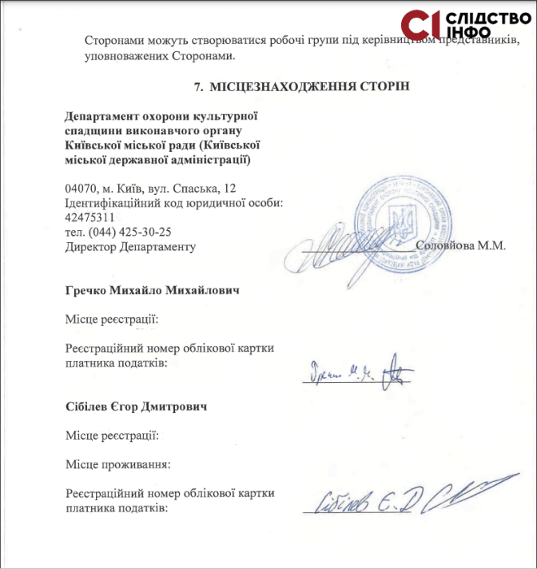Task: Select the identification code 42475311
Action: click(89, 217)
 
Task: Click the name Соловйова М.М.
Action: click(461, 246)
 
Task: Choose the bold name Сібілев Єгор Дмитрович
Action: click(137, 407)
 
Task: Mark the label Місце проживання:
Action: click(118, 464)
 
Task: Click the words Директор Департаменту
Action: click(130, 246)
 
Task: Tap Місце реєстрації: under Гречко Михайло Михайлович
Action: click(112, 320)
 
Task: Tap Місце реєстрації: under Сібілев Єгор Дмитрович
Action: click(112, 436)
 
